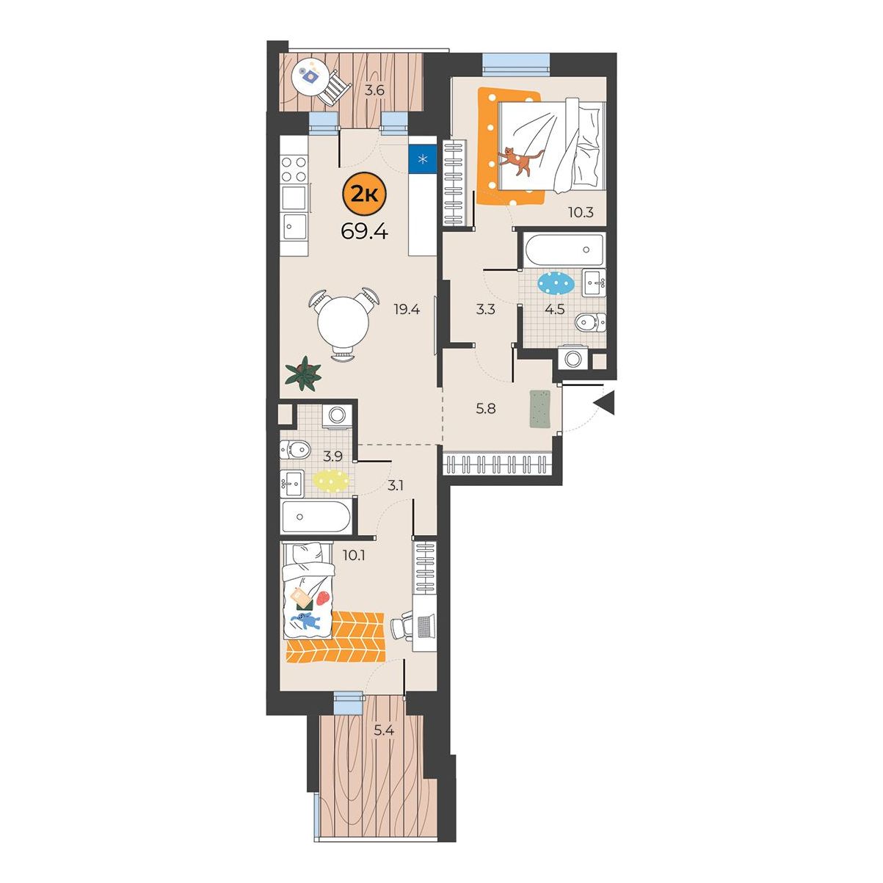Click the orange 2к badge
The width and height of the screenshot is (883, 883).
click(364, 196)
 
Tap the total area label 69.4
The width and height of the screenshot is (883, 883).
click(364, 233)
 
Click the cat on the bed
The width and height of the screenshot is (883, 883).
click(521, 161)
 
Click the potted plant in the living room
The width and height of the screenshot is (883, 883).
click(303, 374)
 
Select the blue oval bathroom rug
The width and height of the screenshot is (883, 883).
click(555, 283)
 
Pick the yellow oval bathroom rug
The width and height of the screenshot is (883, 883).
click(331, 481)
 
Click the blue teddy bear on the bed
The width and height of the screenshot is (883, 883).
click(305, 621)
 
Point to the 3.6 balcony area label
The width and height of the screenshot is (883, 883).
click(374, 90)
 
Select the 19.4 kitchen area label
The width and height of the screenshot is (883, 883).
click(407, 310)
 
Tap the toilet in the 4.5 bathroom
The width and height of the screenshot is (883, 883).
click(590, 322)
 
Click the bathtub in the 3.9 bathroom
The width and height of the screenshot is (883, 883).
click(316, 517)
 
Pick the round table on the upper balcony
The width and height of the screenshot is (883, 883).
click(310, 77)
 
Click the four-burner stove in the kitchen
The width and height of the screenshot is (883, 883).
click(294, 169)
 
